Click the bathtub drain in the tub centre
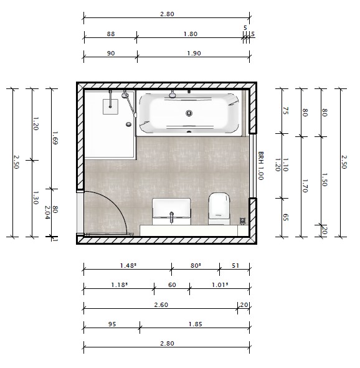click(189, 113)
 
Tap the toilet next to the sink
click(219, 209)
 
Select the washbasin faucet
click(171, 217)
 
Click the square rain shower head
click(110, 106)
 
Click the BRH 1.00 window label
click(261, 166)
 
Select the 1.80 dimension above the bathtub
click(191, 34)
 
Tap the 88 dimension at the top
click(111, 34)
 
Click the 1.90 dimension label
click(194, 54)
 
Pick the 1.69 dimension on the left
click(55, 138)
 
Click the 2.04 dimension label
click(47, 212)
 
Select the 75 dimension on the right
click(285, 111)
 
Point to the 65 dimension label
click(285, 217)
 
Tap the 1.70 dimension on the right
click(305, 186)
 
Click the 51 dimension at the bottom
click(235, 266)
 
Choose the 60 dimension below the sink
click(172, 285)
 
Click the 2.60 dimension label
click(161, 305)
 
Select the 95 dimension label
click(112, 324)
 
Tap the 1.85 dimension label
click(195, 324)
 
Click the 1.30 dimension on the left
click(36, 197)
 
